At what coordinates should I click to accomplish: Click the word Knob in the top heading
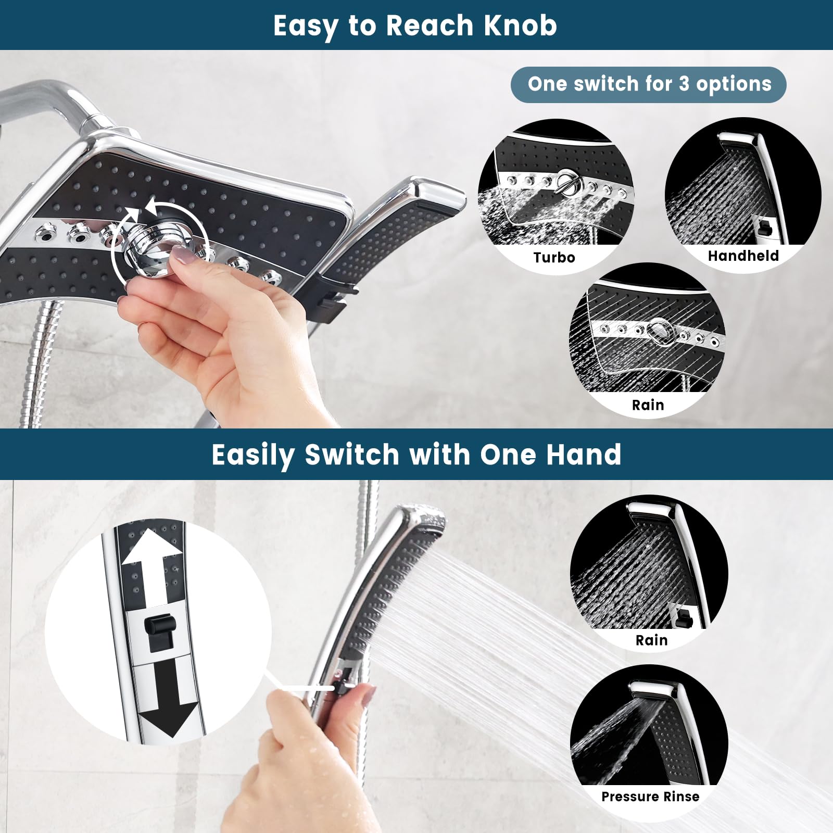[x=521, y=25]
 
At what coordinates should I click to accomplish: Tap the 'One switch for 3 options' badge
[x=649, y=84]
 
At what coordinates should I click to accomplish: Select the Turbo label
[x=554, y=257]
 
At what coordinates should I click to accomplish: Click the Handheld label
[x=743, y=256]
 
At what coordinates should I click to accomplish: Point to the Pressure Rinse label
[x=650, y=797]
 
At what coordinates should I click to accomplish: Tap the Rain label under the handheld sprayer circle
[x=651, y=640]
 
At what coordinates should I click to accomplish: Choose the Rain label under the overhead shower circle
[x=648, y=405]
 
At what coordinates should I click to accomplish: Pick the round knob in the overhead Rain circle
[x=661, y=331]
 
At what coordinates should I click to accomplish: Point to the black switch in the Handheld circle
[x=765, y=228]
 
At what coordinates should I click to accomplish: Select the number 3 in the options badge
[x=684, y=84]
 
